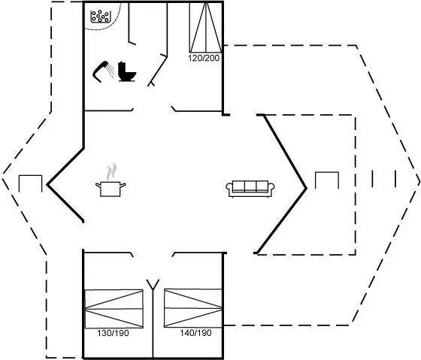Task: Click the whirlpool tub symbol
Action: click(101, 17)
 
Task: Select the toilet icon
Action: click(127, 71)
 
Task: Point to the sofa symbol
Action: click(250, 189)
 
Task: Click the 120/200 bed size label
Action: click(204, 58)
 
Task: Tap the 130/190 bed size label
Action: click(113, 333)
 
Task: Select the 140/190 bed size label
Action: click(195, 333)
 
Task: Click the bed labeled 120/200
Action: click(206, 27)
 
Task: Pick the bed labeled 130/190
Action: click(114, 309)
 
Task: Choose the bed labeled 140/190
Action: click(193, 308)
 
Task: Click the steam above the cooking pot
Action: click(112, 171)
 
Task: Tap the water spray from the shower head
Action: click(110, 71)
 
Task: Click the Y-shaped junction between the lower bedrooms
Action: click(153, 289)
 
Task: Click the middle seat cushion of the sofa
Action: click(250, 186)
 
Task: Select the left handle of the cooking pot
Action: click(98, 185)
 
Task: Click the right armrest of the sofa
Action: click(271, 187)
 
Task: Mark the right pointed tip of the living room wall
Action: click(307, 189)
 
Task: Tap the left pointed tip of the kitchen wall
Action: click(47, 184)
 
